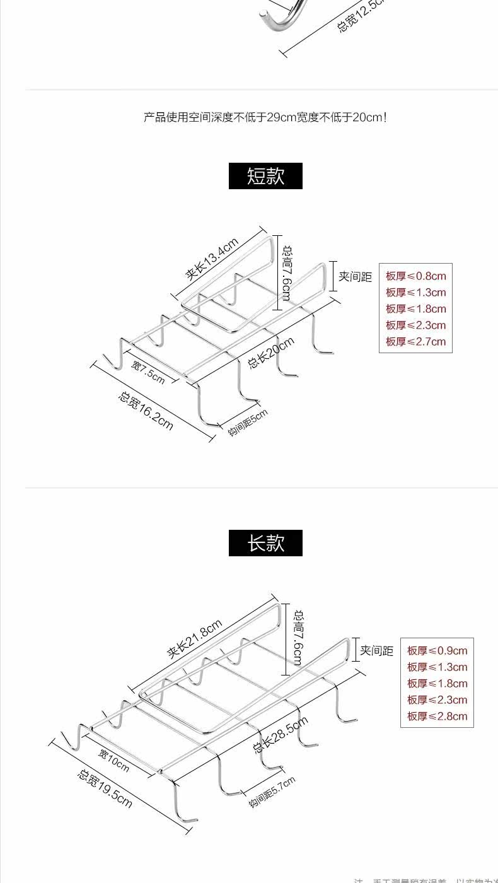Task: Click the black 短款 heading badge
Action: (x=265, y=176)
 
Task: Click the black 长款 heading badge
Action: (x=265, y=543)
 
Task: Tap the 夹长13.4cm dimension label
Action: (x=212, y=259)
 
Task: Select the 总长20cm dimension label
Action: (x=271, y=353)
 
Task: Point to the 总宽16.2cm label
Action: (x=145, y=411)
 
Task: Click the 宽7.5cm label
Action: (x=148, y=372)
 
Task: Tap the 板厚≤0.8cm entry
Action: (x=415, y=276)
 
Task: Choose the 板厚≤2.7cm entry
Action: (x=415, y=342)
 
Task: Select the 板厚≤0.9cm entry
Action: (x=437, y=651)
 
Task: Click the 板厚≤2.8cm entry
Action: (x=437, y=716)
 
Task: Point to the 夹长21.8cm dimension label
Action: (x=195, y=639)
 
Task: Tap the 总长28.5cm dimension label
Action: (x=281, y=735)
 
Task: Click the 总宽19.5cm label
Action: (x=105, y=788)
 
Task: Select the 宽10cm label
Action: (x=113, y=761)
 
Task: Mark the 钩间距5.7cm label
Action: (x=272, y=793)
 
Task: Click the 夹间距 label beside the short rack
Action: (x=356, y=276)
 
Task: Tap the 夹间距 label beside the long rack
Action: (x=376, y=651)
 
